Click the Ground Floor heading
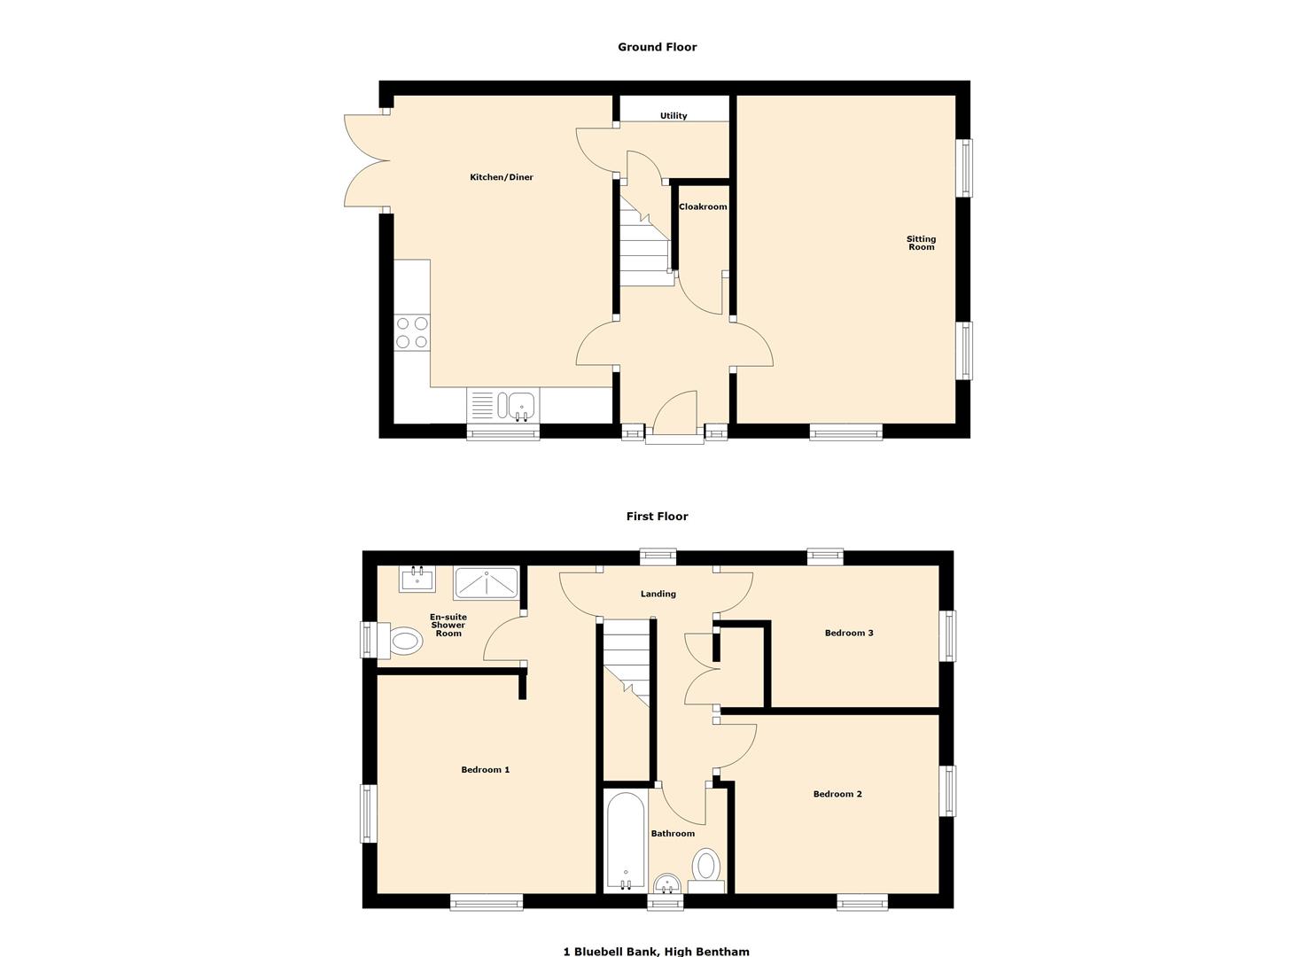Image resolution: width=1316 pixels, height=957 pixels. click(657, 47)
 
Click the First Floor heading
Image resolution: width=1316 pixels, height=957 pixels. click(657, 517)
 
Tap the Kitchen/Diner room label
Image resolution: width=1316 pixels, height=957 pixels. click(502, 177)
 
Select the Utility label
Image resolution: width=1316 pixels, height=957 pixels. click(674, 116)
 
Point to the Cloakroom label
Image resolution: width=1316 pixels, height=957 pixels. click(703, 207)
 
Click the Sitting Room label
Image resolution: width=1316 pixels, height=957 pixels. click(921, 243)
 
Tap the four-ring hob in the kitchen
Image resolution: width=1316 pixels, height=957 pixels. click(412, 332)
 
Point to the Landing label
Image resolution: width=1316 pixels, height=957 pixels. click(658, 595)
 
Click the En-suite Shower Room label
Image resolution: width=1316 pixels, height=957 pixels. click(448, 625)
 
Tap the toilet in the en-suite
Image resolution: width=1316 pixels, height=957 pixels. click(403, 640)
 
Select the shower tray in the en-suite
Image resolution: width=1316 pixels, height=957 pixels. click(486, 583)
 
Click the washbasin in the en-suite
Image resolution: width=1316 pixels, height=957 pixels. click(417, 580)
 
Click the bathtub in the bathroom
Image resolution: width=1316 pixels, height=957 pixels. click(626, 842)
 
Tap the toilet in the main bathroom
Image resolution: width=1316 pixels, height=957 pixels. click(706, 868)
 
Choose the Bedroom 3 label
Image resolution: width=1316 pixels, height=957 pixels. click(849, 633)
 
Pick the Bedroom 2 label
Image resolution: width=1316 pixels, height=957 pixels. click(837, 794)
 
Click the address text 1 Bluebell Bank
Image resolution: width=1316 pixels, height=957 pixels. click(656, 952)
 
